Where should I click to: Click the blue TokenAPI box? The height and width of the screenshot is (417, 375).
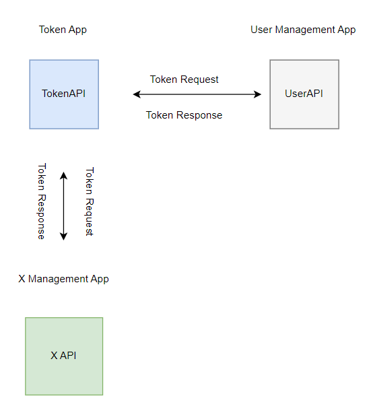click(x=64, y=108)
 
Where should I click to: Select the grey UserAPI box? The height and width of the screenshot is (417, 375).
click(x=304, y=111)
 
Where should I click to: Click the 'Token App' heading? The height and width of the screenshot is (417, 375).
click(x=63, y=30)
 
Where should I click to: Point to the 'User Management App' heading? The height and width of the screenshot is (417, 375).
click(x=303, y=30)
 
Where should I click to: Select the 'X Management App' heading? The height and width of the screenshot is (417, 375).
click(x=63, y=279)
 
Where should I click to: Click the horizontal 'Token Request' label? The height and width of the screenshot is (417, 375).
click(x=184, y=79)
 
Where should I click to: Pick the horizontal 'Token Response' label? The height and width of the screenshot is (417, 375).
click(x=184, y=115)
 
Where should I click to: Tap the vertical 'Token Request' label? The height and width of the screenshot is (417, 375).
click(x=89, y=201)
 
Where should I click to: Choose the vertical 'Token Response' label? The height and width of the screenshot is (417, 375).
click(x=42, y=201)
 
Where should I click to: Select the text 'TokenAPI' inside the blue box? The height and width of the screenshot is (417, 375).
click(x=64, y=94)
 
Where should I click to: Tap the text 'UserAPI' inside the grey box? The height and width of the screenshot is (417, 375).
click(x=304, y=94)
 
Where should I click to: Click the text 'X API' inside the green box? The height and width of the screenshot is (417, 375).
click(x=63, y=356)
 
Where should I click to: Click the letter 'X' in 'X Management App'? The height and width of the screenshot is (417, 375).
click(x=22, y=279)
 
